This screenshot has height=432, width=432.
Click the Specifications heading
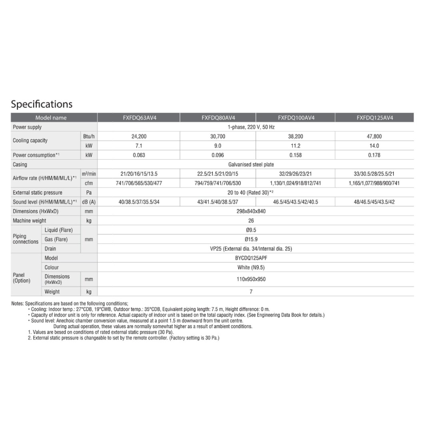pyautogui.click(x=42, y=104)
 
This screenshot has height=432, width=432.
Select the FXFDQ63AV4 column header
pyautogui.click(x=139, y=118)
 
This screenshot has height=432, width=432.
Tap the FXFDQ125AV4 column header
pyautogui.click(x=374, y=118)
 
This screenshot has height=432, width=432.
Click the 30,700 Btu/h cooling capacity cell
pyautogui.click(x=218, y=136)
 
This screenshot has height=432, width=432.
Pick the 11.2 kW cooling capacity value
pyautogui.click(x=296, y=146)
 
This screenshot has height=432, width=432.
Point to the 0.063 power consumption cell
pyautogui.click(x=139, y=155)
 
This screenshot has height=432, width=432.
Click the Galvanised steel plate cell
pyautogui.click(x=251, y=164)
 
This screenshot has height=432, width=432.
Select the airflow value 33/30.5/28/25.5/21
pyautogui.click(x=374, y=174)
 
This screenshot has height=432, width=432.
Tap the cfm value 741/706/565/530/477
pyautogui.click(x=139, y=183)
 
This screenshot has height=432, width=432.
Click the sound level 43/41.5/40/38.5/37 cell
pyautogui.click(x=218, y=202)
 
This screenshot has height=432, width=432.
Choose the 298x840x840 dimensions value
pyautogui.click(x=251, y=211)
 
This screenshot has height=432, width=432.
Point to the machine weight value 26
pyautogui.click(x=251, y=220)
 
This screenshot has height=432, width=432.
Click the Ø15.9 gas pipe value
pyautogui.click(x=251, y=239)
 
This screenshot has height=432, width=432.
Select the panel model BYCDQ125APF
pyautogui.click(x=251, y=258)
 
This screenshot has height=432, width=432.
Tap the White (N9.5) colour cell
pyautogui.click(x=251, y=267)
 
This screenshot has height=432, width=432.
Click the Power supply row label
pyautogui.click(x=27, y=127)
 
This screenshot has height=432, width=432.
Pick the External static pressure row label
pyautogui.click(x=38, y=192)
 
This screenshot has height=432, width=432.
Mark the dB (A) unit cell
pyautogui.click(x=89, y=202)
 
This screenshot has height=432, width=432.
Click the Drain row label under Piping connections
pyautogui.click(x=50, y=249)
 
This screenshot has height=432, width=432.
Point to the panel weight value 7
pyautogui.click(x=251, y=292)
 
